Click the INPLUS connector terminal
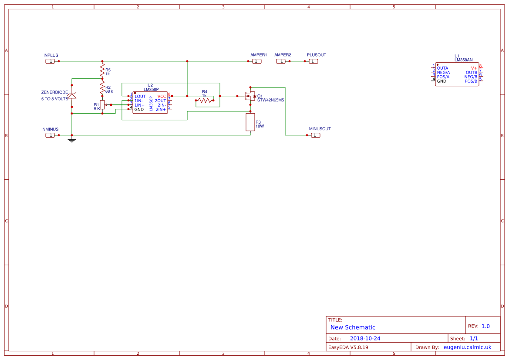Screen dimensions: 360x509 coord(51,61)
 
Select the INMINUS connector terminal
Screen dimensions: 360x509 coord(51,135)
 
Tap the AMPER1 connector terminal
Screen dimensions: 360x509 coord(257,61)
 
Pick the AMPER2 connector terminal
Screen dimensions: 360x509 coord(281,61)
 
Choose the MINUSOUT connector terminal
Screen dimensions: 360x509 coord(316,135)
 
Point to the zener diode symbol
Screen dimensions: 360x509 coord(72,96)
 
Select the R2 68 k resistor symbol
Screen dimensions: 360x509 coord(102,89)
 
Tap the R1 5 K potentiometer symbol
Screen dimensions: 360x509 coord(102,105)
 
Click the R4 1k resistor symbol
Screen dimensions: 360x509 coord(205,101)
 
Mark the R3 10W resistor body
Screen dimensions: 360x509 coord(250,122)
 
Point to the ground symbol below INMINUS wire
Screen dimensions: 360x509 coord(72,140)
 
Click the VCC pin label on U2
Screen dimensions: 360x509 coord(162,96)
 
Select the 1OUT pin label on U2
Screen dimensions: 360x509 coord(140,96)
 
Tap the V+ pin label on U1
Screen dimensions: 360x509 coord(474,68)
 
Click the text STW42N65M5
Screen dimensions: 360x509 coord(270,100)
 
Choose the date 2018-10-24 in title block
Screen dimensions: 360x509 coord(365,338)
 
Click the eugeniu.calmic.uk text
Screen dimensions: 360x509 coord(467,347)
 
